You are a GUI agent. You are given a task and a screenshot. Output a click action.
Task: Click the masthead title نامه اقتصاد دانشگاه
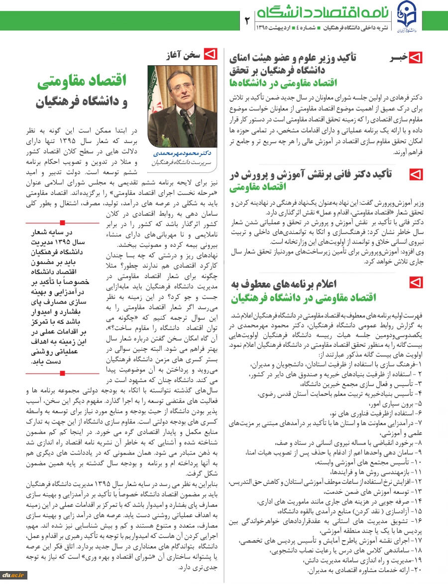[x=324, y=11]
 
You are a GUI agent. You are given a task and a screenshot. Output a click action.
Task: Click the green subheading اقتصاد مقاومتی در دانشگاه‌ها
[x=284, y=82]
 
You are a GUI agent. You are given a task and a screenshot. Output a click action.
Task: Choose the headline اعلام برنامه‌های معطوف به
[x=284, y=284]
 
